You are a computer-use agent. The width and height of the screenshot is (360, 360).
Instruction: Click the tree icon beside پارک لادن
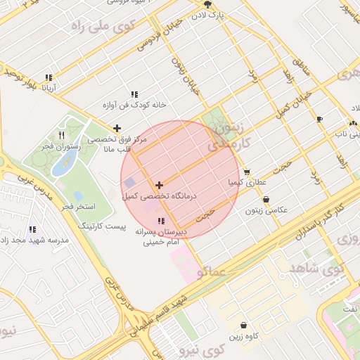tap(206, 4)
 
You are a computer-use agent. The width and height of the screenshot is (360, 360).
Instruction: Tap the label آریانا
tap(49, 89)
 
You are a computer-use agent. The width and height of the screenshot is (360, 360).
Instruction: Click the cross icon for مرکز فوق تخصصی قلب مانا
tap(117, 129)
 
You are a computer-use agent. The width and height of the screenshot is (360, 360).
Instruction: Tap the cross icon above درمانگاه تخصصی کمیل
tap(159, 185)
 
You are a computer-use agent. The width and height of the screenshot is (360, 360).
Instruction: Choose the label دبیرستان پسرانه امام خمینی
tap(162, 236)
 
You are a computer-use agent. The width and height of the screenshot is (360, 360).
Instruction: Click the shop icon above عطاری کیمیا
tap(247, 172)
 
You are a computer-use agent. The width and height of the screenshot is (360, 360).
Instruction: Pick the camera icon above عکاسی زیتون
tap(266, 200)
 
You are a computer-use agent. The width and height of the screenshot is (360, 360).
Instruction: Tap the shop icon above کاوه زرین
tap(243, 326)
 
